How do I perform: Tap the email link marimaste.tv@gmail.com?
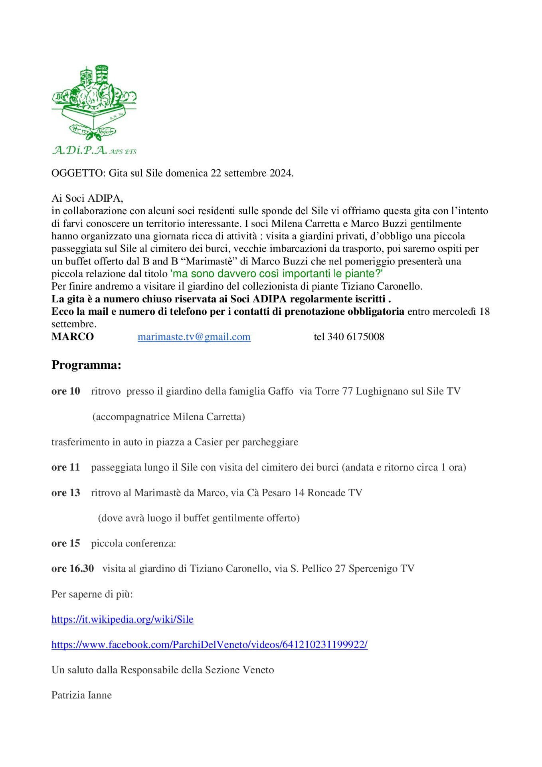click(x=194, y=337)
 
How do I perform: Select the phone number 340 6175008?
click(x=356, y=337)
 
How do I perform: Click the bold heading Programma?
click(x=86, y=365)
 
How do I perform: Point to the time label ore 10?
click(x=66, y=391)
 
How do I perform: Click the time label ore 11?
click(x=66, y=467)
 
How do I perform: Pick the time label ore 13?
click(x=66, y=493)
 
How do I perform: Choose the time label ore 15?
click(x=66, y=543)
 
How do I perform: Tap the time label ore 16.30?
click(x=73, y=568)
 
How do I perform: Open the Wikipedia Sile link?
click(x=123, y=620)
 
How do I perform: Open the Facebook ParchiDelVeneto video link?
click(x=210, y=645)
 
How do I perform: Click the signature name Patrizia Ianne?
click(x=81, y=695)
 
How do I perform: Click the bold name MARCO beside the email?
click(x=73, y=337)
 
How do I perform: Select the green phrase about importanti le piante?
click(x=277, y=274)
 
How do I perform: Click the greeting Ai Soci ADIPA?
click(x=87, y=199)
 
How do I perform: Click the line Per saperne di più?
click(x=92, y=594)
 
